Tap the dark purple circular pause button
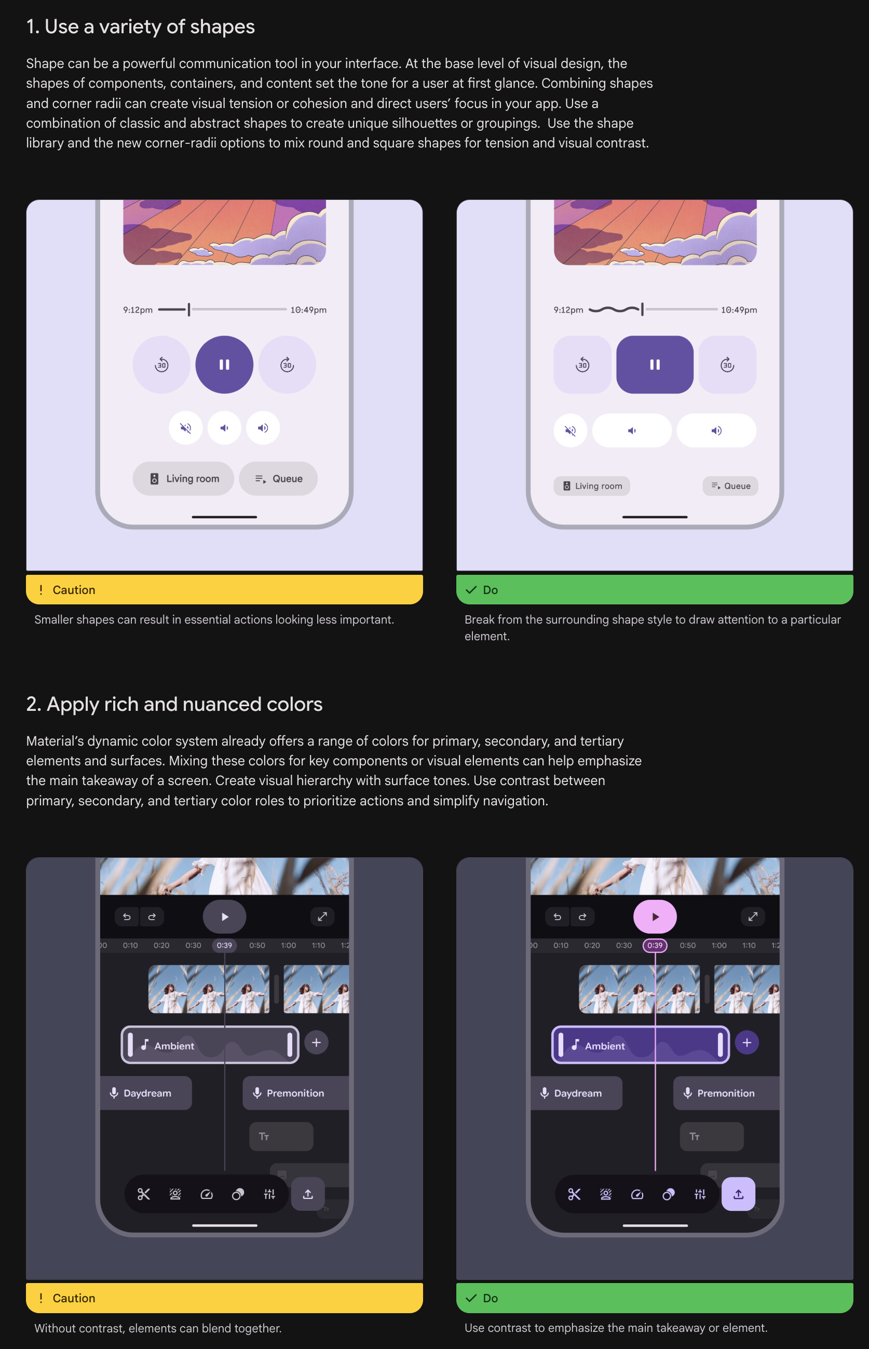[224, 365]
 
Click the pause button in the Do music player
[655, 365]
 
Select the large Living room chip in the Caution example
[183, 479]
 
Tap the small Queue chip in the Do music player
[730, 486]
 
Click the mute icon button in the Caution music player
[186, 428]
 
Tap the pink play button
[655, 916]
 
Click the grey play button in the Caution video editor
[225, 916]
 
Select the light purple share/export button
[738, 1194]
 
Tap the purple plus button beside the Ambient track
[746, 1043]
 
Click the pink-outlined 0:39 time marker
[655, 946]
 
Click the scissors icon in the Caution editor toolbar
[144, 1194]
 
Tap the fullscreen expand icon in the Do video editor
[753, 916]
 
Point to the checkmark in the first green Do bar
[471, 590]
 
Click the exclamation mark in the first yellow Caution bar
[40, 590]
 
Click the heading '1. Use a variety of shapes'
[141, 26]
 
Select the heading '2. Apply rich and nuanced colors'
[174, 705]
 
